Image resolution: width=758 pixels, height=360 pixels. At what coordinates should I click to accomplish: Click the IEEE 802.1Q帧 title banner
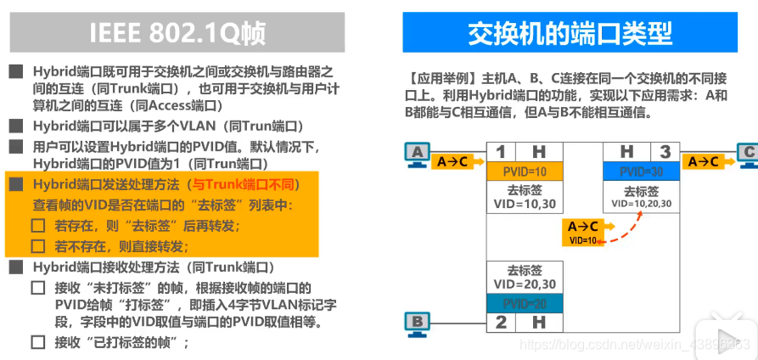[177, 32]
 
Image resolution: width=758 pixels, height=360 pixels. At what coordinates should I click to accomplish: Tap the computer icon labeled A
[416, 155]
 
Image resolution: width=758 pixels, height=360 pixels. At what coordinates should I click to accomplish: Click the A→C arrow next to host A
[454, 160]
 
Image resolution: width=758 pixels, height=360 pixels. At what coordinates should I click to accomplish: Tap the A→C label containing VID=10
[583, 232]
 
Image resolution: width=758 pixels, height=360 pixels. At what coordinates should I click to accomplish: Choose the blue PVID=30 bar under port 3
[641, 172]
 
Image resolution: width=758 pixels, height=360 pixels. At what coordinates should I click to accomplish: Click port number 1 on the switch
[501, 152]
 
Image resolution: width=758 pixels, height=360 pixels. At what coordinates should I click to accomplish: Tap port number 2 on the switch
[501, 322]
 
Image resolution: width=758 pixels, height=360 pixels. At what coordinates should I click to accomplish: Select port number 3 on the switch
[665, 152]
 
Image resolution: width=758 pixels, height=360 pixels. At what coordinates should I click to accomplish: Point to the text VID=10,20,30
[641, 204]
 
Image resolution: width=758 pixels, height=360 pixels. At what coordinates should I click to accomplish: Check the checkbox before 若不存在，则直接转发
[37, 247]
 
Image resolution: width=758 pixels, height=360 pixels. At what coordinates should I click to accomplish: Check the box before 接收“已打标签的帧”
[37, 343]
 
